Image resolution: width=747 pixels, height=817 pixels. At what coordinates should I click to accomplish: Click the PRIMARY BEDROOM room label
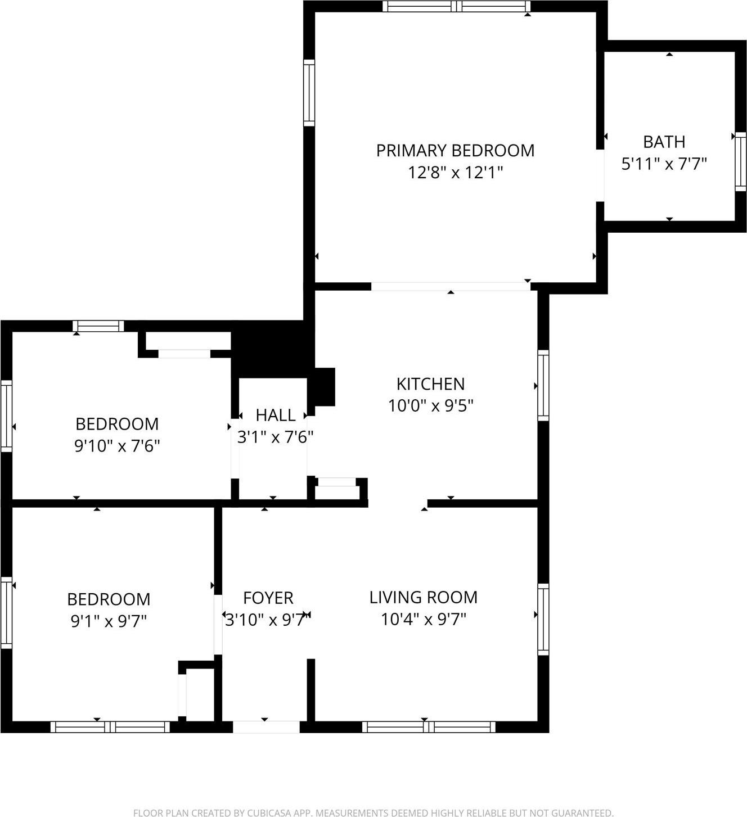(455, 151)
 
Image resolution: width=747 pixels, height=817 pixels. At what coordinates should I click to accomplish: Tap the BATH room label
(664, 142)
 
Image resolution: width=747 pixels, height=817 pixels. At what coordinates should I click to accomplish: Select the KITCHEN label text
(430, 384)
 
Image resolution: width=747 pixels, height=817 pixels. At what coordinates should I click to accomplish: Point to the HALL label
(275, 416)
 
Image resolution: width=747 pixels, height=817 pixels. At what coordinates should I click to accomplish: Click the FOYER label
(268, 598)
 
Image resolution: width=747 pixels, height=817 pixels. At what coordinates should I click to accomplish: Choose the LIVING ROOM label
(423, 597)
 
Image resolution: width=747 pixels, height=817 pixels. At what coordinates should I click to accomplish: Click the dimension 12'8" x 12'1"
(455, 173)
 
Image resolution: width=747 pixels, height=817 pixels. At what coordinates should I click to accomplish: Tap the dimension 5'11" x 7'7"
(664, 164)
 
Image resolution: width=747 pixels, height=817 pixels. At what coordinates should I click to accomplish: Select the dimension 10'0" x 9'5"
(430, 405)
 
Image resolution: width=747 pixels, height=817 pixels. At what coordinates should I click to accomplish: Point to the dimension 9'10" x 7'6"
(117, 446)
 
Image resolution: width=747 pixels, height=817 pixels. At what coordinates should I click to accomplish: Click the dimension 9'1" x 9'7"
(109, 621)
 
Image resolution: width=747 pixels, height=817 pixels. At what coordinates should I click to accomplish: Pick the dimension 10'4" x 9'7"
(423, 620)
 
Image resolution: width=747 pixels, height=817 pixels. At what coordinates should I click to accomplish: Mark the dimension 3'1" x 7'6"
(275, 437)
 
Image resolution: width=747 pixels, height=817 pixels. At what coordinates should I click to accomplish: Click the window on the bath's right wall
(740, 161)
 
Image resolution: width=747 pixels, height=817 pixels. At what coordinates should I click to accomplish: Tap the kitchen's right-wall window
(543, 385)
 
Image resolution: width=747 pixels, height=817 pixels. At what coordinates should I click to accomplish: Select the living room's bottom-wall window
(429, 727)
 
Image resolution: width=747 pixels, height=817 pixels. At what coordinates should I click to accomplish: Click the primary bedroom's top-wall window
(456, 6)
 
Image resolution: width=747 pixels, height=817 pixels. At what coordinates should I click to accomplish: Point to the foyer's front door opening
(266, 727)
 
